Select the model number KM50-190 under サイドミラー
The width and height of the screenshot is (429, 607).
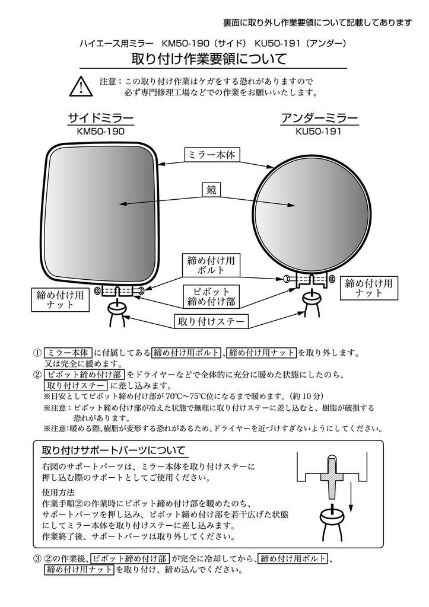[x=101, y=132]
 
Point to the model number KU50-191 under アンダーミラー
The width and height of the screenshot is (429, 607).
[x=319, y=132]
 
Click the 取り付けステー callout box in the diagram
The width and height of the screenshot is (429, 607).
[x=211, y=322]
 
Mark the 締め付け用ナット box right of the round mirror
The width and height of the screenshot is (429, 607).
[x=368, y=289]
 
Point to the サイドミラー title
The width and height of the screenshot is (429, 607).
[x=101, y=117]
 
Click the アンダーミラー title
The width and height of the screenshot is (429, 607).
[x=319, y=117]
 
